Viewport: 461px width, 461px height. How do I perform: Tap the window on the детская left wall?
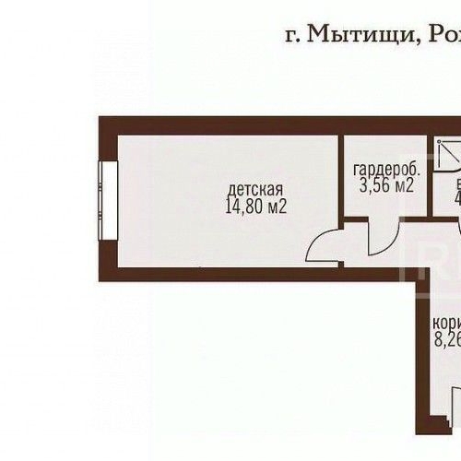(108, 201)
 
